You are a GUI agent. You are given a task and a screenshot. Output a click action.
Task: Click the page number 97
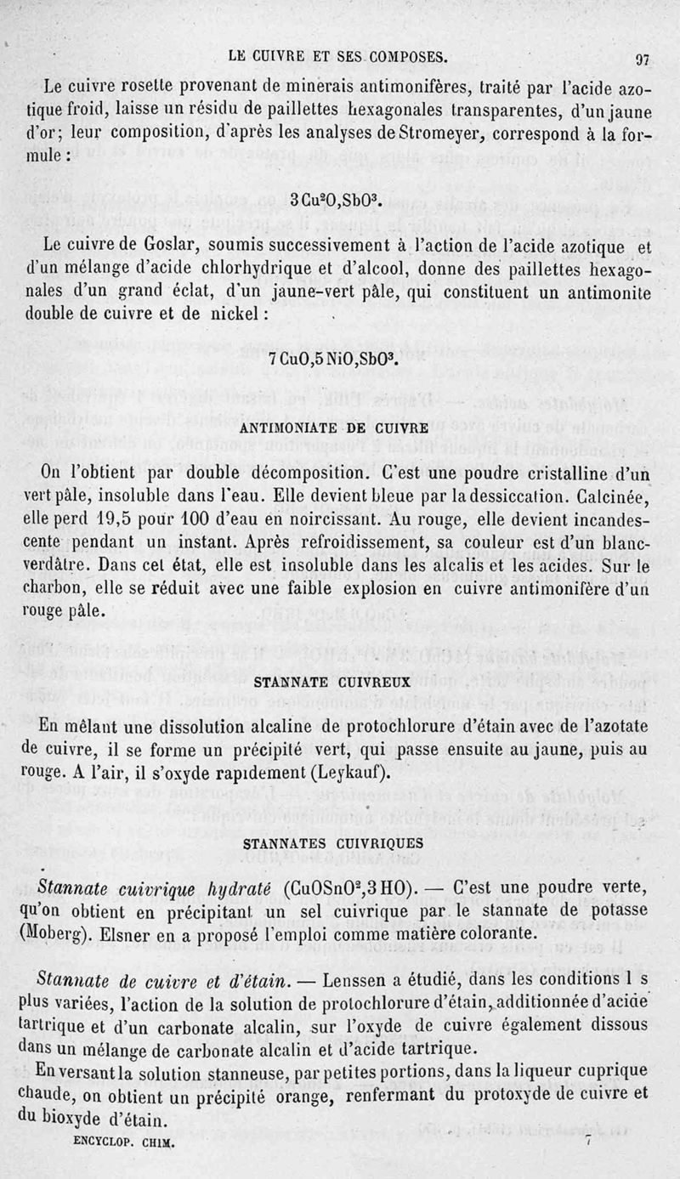[x=642, y=60]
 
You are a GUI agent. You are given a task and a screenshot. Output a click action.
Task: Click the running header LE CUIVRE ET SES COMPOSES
[x=337, y=58]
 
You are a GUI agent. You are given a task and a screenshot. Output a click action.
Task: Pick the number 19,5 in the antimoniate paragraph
[x=113, y=517]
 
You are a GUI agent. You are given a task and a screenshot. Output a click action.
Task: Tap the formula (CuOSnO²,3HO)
[x=350, y=888]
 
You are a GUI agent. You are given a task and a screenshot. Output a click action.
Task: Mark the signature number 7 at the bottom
[x=586, y=1142]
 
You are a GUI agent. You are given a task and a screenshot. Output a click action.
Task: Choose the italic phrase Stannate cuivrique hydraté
[x=154, y=888]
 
